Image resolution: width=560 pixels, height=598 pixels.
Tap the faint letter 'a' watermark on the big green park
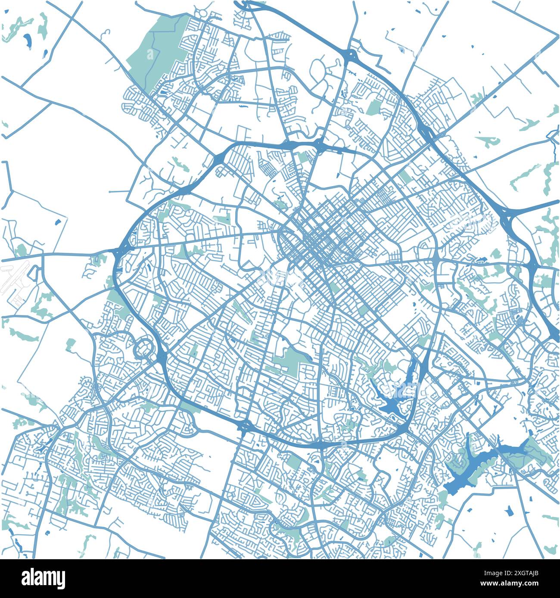pos(150,55)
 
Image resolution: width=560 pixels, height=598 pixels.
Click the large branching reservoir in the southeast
pos(474,467)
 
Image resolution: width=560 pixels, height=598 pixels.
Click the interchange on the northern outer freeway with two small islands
pos(350,55)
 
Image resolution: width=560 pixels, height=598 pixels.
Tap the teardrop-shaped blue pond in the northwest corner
pos(27,40)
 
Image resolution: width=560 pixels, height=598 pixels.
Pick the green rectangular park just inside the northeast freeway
pos(373,107)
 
